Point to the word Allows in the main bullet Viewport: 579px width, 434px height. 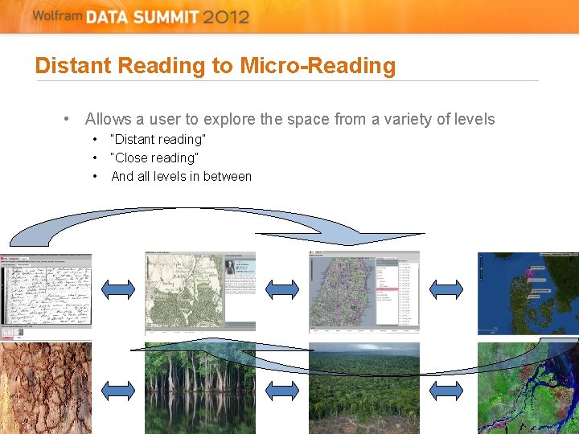tap(108, 120)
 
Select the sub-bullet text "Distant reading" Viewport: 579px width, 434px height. tap(158, 140)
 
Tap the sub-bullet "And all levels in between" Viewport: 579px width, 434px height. tap(181, 177)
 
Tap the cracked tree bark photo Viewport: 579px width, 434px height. tap(46, 388)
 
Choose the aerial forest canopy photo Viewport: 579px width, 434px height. tap(364, 388)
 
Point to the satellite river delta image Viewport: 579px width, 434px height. tap(528, 388)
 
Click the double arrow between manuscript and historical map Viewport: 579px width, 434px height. tap(118, 289)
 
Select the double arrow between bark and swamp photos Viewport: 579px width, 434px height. tap(118, 391)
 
